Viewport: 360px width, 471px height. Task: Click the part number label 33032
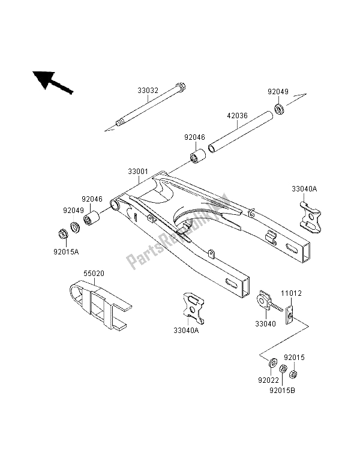point(148,91)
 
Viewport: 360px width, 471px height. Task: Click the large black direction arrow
point(52,82)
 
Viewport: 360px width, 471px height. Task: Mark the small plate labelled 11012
point(289,314)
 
